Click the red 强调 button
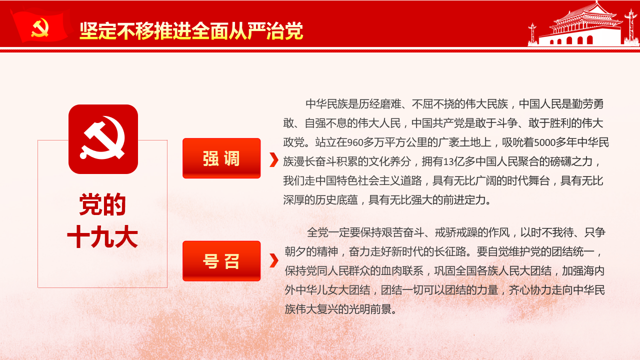pyautogui.click(x=221, y=158)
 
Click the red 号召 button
pyautogui.click(x=221, y=261)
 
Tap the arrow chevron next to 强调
pyautogui.click(x=273, y=159)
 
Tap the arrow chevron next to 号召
pyautogui.click(x=273, y=260)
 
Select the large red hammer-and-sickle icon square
pyautogui.click(x=103, y=139)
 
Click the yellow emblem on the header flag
pyautogui.click(x=39, y=28)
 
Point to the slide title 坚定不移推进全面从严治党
pyautogui.click(x=191, y=30)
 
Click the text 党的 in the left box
pyautogui.click(x=102, y=204)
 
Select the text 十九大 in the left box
pyautogui.click(x=102, y=237)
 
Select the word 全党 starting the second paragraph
pyautogui.click(x=317, y=232)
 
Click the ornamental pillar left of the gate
pyautogui.click(x=532, y=34)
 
